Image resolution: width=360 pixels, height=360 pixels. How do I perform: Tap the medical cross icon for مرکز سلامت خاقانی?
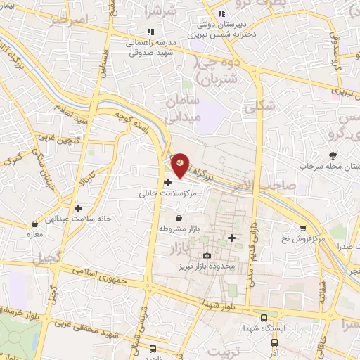[x=167, y=182]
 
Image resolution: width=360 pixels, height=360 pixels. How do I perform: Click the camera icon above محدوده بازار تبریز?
[x=206, y=255]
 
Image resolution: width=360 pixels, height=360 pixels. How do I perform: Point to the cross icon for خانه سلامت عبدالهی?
[x=78, y=208]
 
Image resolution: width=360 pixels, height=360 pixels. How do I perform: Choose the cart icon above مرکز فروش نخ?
[x=302, y=228]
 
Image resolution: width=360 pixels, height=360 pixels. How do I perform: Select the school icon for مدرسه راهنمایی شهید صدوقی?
[x=149, y=32]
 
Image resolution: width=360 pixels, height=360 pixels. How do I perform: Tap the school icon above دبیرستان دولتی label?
[x=221, y=13]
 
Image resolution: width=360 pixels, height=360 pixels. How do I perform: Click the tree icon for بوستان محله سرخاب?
[x=333, y=155]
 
